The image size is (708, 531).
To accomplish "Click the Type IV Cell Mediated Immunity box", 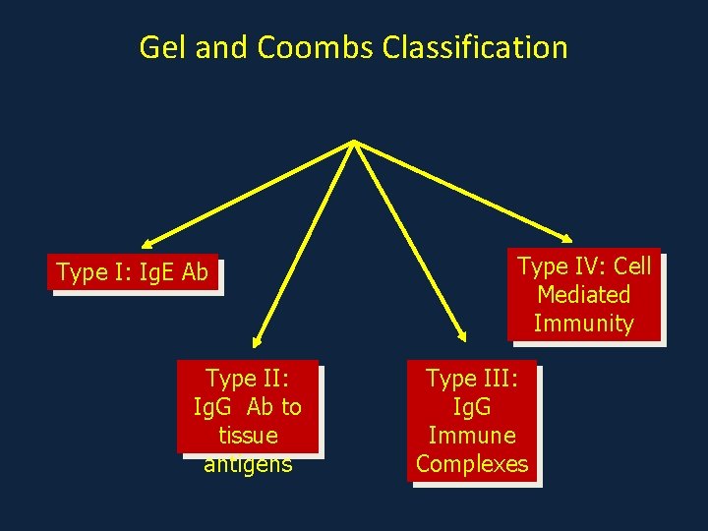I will (x=584, y=294).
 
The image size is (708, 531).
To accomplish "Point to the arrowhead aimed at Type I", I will (x=147, y=243).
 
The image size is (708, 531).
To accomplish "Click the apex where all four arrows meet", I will (x=353, y=143).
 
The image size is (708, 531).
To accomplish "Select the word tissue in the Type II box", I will (x=248, y=435).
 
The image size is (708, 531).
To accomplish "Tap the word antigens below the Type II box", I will (x=248, y=463).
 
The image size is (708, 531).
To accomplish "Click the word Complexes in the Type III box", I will (x=472, y=463).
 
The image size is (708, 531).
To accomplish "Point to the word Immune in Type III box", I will (x=472, y=435).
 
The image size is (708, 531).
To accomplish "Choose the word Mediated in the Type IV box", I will (x=584, y=294).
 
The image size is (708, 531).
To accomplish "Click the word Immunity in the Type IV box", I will (x=584, y=323).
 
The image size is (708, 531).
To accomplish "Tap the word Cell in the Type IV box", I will (x=629, y=265).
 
